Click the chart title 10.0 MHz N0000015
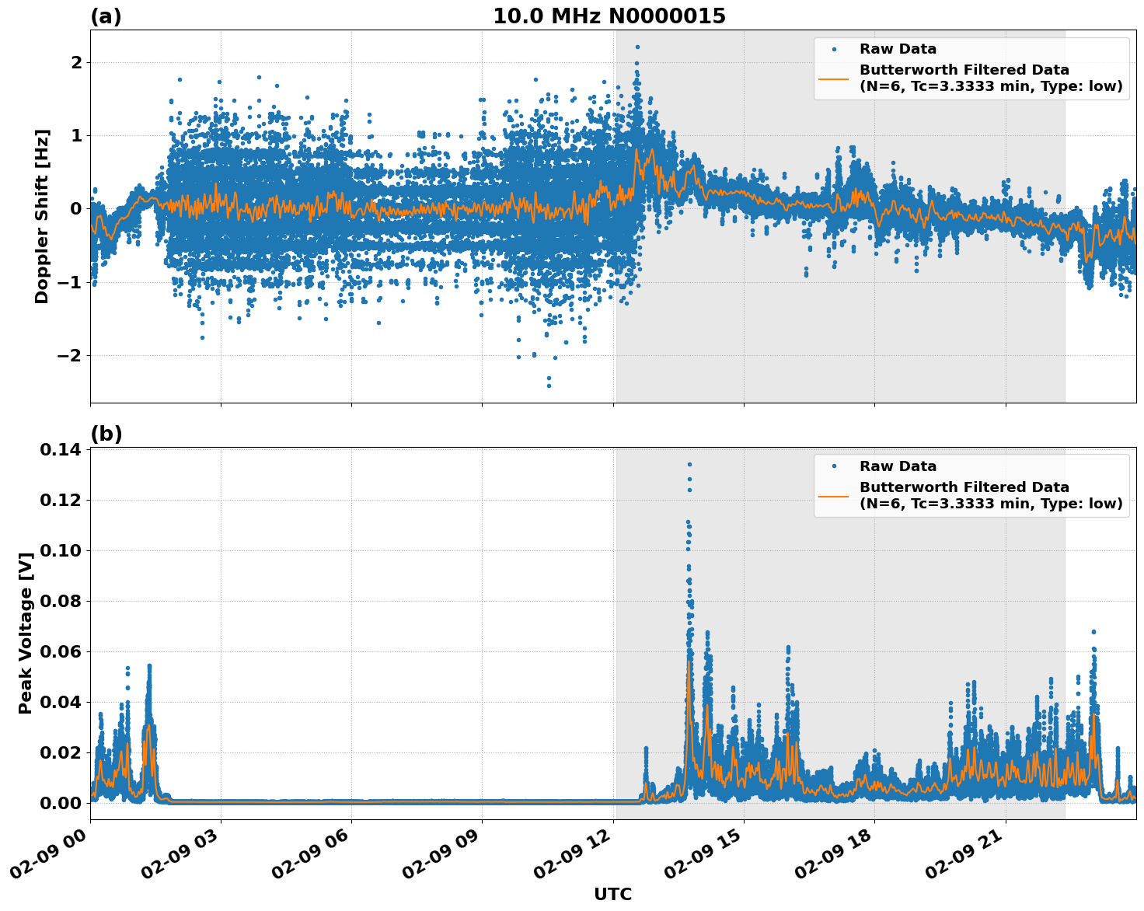tap(609, 16)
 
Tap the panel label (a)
tap(106, 16)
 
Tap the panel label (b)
tap(106, 434)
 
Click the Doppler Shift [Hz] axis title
tap(42, 216)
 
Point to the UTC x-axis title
tap(612, 894)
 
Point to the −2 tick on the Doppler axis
tap(70, 355)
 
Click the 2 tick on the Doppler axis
tap(76, 62)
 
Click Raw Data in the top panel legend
tap(898, 49)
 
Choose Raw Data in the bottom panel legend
tap(898, 466)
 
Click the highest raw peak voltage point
tap(689, 465)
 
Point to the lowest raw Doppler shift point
tap(549, 386)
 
